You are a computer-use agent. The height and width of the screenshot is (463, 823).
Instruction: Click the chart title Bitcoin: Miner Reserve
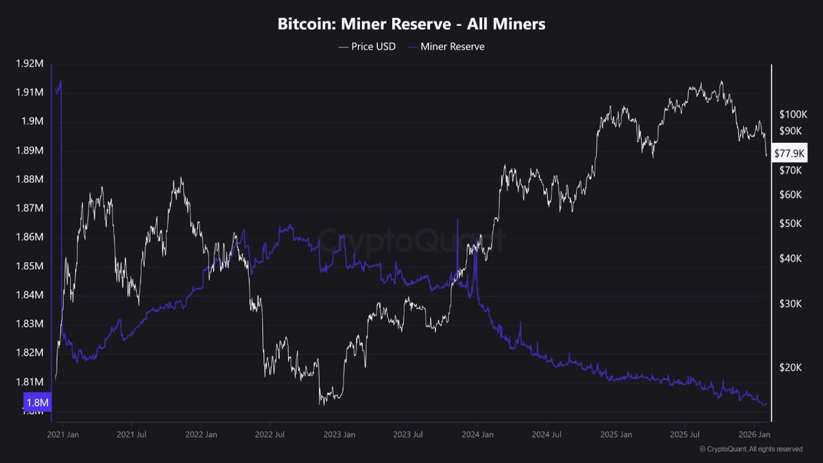411,24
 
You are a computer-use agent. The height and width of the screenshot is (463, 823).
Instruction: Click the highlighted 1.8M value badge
38,401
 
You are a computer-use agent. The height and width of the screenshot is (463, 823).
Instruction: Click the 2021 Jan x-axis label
62,434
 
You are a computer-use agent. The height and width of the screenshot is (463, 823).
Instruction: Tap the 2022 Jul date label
270,434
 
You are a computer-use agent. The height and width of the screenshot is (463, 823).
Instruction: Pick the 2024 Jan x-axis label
477,434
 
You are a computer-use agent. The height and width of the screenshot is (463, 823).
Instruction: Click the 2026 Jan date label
754,434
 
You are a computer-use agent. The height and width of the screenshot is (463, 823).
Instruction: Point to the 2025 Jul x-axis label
685,434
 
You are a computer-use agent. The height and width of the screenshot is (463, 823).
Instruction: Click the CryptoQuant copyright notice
750,449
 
